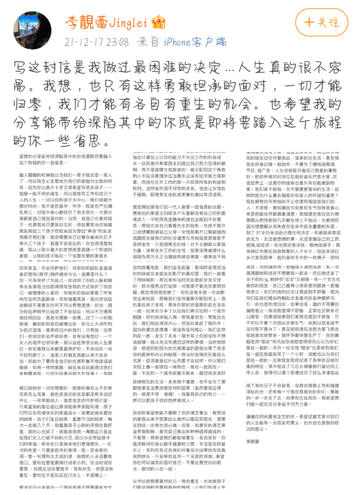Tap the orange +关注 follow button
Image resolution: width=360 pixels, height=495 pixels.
[322, 23]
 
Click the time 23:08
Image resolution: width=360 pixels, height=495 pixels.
[117, 42]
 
